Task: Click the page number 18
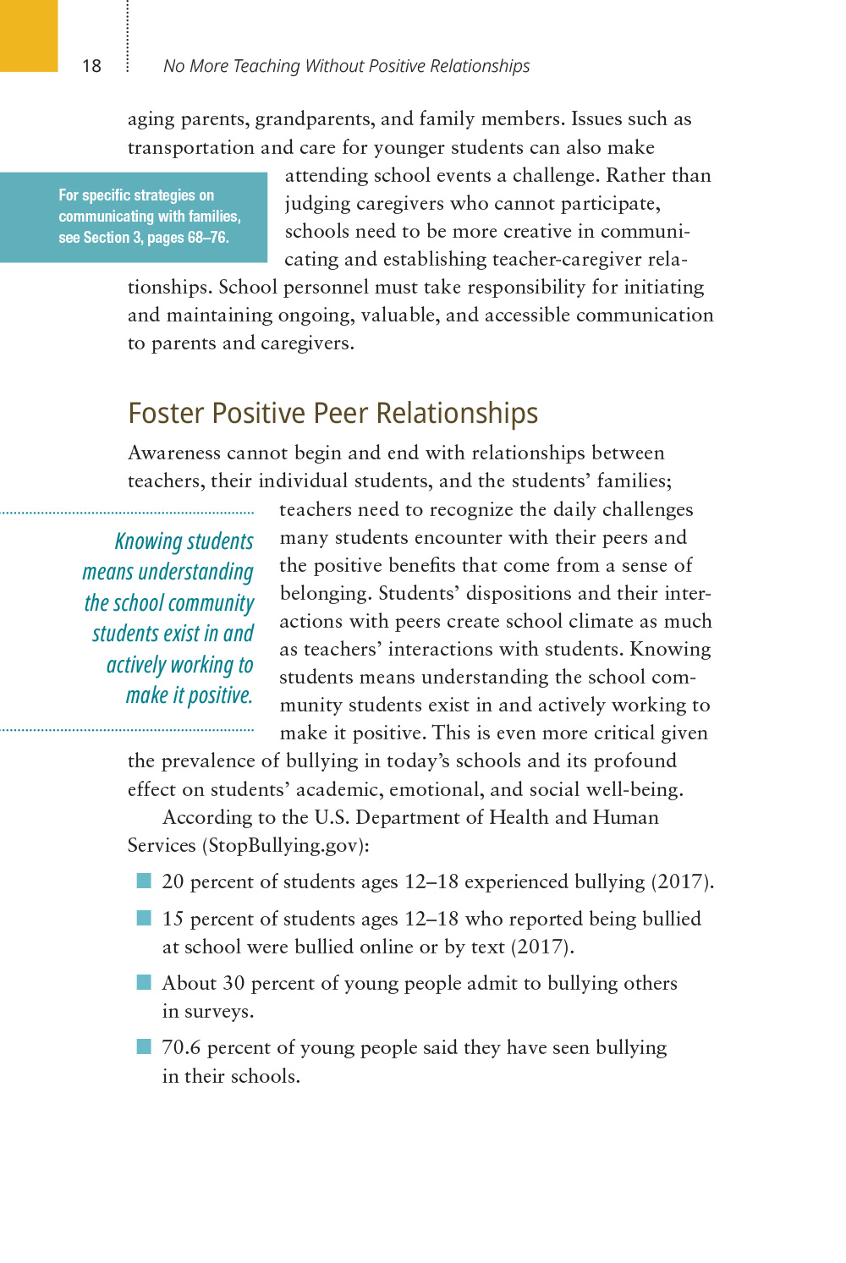coord(91,66)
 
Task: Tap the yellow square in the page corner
coord(29,35)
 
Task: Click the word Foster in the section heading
coord(166,413)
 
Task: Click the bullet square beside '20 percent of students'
coord(144,881)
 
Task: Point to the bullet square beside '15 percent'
coord(144,918)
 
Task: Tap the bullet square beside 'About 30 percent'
coord(144,982)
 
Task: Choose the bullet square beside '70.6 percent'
coord(144,1046)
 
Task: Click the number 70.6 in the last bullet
coord(181,1047)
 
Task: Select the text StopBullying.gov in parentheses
coord(285,845)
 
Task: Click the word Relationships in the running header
coord(480,66)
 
